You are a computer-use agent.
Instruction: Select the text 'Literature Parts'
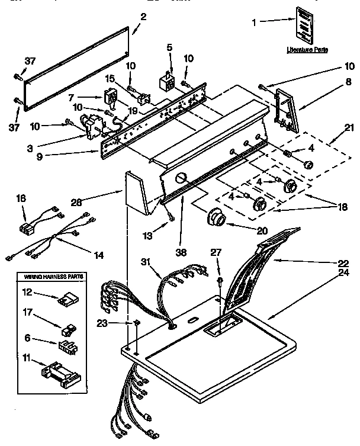coord(307,50)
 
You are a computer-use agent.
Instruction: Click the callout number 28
coord(76,202)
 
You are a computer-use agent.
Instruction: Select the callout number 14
coord(98,255)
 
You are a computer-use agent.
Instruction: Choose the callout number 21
coord(349,126)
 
